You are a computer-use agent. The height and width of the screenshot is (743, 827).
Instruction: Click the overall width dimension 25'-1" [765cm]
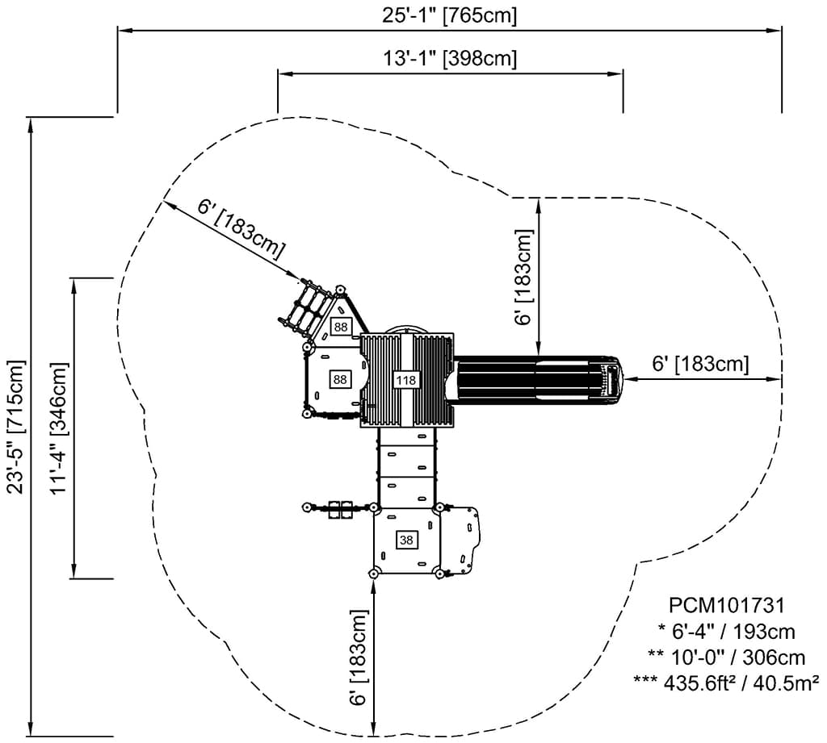(x=449, y=15)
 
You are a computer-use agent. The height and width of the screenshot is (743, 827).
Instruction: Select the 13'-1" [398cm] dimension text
(x=449, y=58)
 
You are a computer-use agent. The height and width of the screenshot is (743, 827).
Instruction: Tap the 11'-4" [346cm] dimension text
(x=58, y=428)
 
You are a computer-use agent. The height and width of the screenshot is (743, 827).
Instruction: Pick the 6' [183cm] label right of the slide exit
(x=700, y=364)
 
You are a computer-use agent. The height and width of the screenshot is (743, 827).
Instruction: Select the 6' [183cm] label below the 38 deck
(x=359, y=658)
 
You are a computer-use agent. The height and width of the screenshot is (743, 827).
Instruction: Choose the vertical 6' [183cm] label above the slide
(x=524, y=278)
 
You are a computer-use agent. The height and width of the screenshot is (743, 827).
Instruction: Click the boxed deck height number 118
(x=405, y=379)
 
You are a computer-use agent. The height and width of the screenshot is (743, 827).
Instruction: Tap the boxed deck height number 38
(x=405, y=540)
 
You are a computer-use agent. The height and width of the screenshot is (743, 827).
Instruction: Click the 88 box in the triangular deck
(x=341, y=327)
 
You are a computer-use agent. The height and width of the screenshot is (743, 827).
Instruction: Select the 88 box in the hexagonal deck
(x=340, y=378)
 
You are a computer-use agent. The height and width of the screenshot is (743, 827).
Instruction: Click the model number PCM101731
(x=727, y=604)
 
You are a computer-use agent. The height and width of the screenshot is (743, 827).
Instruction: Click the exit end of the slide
(x=612, y=379)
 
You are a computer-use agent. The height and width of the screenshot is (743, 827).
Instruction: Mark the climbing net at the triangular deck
(x=304, y=307)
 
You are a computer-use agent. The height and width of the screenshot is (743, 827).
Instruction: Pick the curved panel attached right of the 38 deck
(x=462, y=539)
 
